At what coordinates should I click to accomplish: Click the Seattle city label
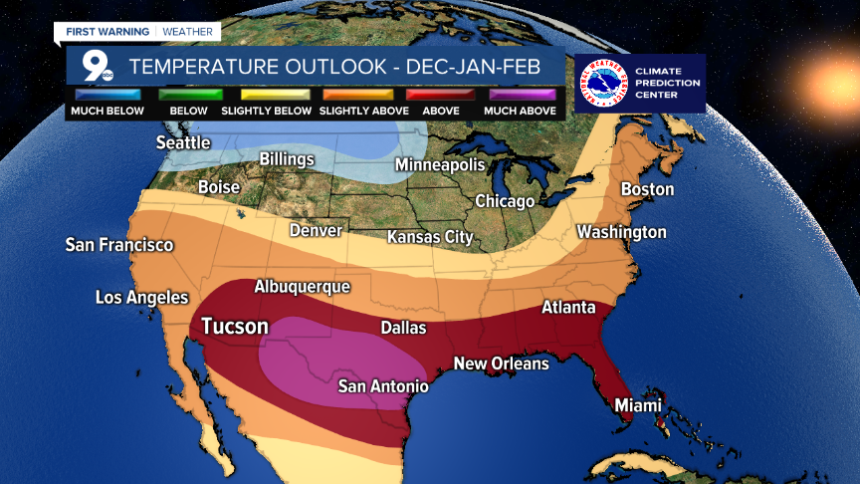[183, 142]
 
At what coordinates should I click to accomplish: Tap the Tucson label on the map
[235, 326]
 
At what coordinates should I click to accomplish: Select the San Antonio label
[383, 385]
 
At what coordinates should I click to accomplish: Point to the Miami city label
[637, 405]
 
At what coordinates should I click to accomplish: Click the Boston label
[647, 189]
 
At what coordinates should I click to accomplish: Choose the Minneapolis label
[440, 164]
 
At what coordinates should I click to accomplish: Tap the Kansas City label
[430, 237]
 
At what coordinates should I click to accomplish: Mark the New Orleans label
[502, 363]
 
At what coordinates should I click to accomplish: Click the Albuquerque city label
[303, 287]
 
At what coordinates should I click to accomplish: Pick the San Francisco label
[119, 244]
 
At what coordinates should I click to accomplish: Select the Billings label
[287, 159]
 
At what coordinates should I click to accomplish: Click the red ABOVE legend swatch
[440, 95]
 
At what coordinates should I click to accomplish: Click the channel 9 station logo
[96, 67]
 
